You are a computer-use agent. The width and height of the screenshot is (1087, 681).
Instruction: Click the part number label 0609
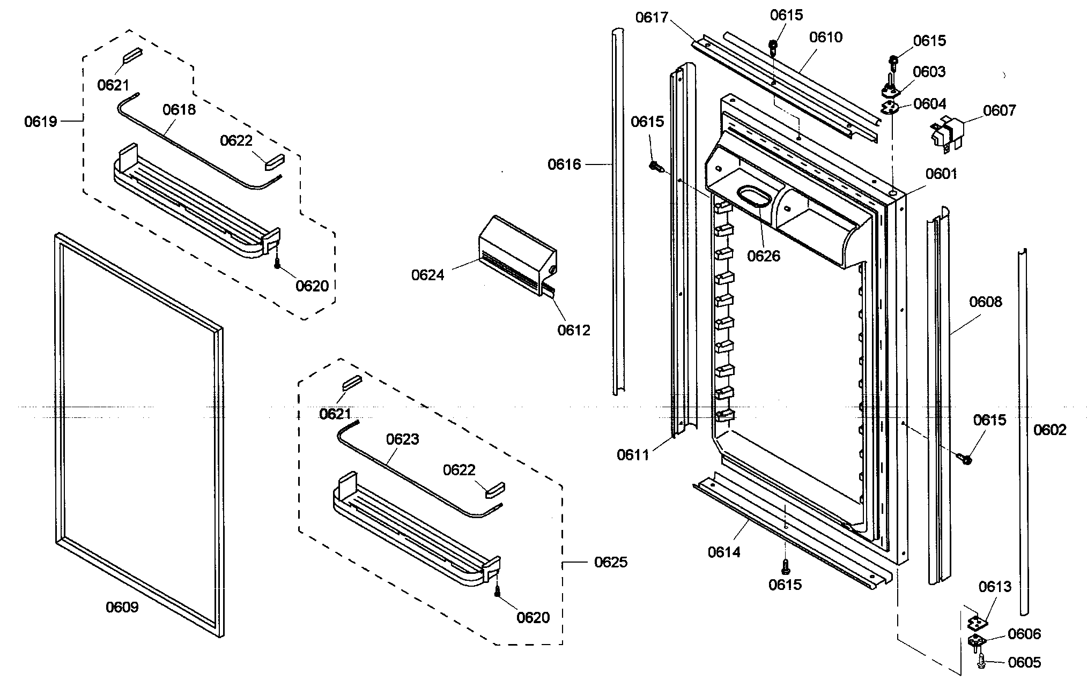click(122, 607)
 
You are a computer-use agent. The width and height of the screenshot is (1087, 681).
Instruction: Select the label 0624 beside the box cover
click(427, 275)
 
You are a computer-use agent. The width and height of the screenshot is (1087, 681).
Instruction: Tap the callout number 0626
click(764, 256)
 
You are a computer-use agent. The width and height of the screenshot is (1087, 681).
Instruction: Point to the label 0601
click(941, 174)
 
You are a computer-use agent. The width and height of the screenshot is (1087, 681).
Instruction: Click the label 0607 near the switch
click(999, 110)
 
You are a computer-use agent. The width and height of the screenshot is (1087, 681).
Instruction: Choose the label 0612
click(573, 330)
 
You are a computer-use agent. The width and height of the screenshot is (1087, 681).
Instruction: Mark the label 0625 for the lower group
click(611, 562)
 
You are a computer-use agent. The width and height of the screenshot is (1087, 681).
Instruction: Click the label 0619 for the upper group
click(40, 122)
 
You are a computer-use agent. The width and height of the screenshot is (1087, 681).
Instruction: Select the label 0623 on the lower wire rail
click(402, 439)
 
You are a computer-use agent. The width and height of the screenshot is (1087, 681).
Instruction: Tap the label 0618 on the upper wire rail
click(179, 110)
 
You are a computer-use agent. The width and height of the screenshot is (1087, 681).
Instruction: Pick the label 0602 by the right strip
click(1050, 430)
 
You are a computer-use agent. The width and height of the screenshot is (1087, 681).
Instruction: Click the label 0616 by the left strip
click(564, 164)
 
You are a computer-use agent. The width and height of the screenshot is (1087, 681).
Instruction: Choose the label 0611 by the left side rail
click(633, 455)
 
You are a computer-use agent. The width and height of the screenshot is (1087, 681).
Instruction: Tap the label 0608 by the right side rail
click(985, 302)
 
